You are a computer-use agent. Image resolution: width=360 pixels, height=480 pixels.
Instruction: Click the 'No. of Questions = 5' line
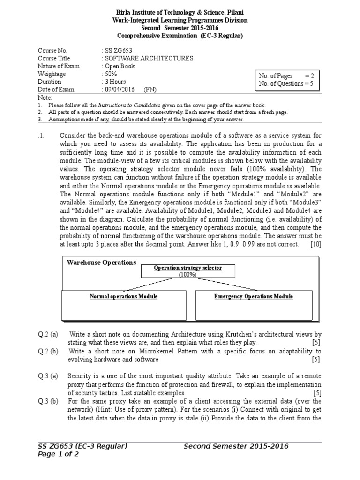tap(286, 84)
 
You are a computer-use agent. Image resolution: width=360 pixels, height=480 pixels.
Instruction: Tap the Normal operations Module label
tap(124, 296)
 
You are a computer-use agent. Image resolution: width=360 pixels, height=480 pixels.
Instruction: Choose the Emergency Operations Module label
tap(254, 296)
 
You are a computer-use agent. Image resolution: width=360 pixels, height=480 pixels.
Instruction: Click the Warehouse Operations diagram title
tap(102, 262)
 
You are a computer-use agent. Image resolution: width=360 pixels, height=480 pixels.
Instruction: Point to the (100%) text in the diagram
tap(187, 275)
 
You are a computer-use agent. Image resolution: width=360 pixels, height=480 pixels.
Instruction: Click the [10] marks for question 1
tap(315, 244)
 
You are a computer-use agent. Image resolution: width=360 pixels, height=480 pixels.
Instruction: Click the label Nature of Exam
tap(59, 66)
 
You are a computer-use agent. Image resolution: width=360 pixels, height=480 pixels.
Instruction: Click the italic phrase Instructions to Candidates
tap(129, 105)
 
